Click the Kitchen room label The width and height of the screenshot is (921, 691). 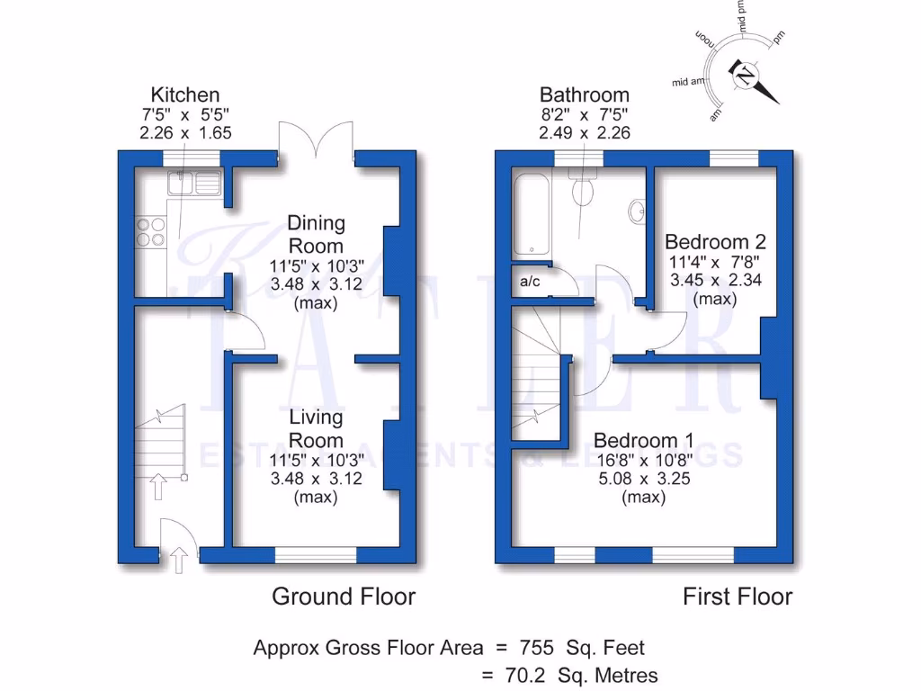[184, 94]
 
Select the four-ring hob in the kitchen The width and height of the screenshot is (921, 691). [150, 232]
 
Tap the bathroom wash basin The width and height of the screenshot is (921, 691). [637, 211]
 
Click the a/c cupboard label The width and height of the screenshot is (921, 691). [529, 282]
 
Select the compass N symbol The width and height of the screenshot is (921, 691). [745, 77]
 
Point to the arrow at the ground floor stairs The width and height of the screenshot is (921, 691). [159, 486]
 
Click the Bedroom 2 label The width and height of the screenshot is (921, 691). [715, 241]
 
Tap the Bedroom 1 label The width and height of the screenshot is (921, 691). [643, 440]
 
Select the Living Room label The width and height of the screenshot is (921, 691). [316, 428]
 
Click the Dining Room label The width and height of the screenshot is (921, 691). [316, 234]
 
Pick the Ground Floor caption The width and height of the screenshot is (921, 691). [344, 596]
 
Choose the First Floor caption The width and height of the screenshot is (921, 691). [738, 596]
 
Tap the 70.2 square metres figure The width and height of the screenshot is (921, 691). [538, 675]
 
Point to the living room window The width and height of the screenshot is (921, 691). [316, 556]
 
